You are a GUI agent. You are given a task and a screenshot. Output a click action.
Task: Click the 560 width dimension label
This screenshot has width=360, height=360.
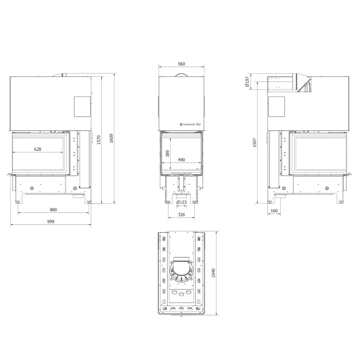(181, 64)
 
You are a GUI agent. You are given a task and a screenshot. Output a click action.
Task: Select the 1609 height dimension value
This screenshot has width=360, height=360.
(111, 138)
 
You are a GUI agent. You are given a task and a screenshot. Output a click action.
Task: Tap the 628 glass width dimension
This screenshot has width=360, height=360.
(38, 149)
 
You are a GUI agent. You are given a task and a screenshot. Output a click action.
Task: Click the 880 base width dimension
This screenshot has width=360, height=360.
(53, 210)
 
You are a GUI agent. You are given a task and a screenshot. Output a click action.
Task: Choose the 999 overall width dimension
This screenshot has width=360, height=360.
(51, 222)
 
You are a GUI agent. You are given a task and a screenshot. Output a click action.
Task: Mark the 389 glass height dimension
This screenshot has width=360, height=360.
(167, 153)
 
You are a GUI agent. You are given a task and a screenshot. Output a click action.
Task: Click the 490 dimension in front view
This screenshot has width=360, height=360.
(181, 160)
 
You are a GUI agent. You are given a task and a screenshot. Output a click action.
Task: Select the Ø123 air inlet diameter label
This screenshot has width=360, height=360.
(181, 202)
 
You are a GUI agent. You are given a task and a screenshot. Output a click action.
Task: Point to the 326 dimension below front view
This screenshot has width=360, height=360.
(181, 215)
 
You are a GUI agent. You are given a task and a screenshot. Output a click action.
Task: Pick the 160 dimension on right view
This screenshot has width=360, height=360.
(274, 210)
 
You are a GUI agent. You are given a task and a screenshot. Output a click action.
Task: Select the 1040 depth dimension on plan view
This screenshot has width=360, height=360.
(214, 273)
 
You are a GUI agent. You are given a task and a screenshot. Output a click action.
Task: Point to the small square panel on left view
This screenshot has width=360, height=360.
(82, 106)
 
